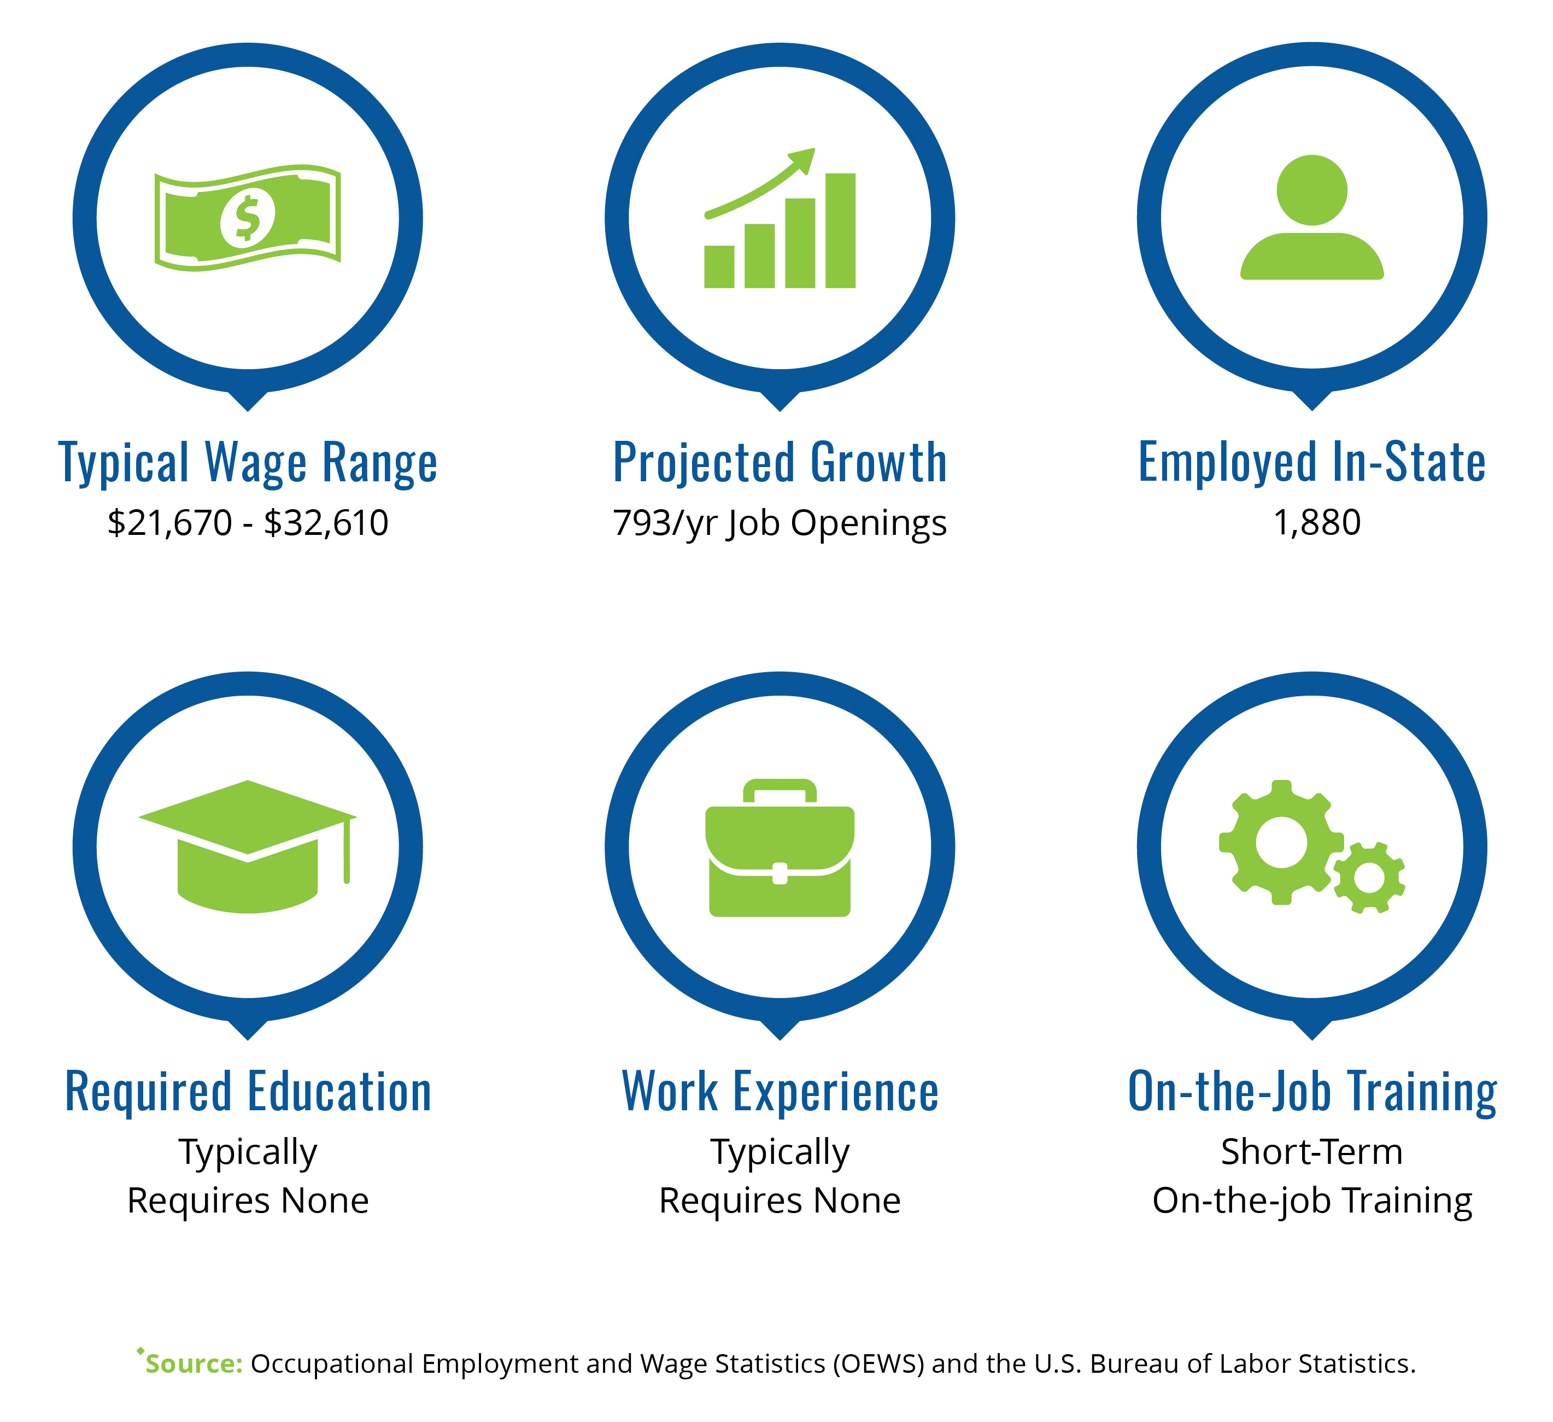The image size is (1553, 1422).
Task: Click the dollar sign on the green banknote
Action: pyautogui.click(x=247, y=218)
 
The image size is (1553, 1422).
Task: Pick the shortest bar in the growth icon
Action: pyautogui.click(x=719, y=267)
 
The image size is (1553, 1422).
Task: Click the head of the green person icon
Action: pyautogui.click(x=1312, y=190)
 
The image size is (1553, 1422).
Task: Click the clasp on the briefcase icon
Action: pyautogui.click(x=780, y=873)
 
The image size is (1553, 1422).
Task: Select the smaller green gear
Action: pyautogui.click(x=1369, y=878)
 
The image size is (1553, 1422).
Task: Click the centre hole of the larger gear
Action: pyautogui.click(x=1281, y=842)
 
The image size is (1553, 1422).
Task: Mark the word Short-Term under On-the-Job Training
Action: pyautogui.click(x=1312, y=1151)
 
